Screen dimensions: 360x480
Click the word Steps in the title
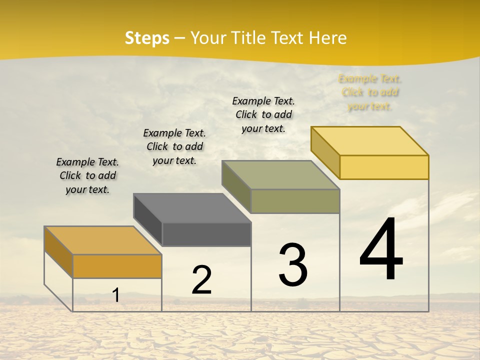tap(146, 38)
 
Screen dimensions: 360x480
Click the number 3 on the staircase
tap(293, 264)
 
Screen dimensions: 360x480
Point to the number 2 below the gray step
tap(201, 279)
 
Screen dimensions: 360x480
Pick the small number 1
tap(116, 295)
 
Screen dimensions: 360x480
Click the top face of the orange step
tap(102, 240)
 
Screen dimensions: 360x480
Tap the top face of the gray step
tap(192, 207)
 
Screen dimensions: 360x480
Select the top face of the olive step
tap(280, 174)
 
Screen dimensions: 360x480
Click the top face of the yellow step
tap(369, 140)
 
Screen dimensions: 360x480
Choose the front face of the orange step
tap(117, 266)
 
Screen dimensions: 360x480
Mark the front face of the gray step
tap(206, 234)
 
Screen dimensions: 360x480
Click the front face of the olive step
tap(295, 201)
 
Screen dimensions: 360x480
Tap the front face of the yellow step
tap(384, 167)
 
